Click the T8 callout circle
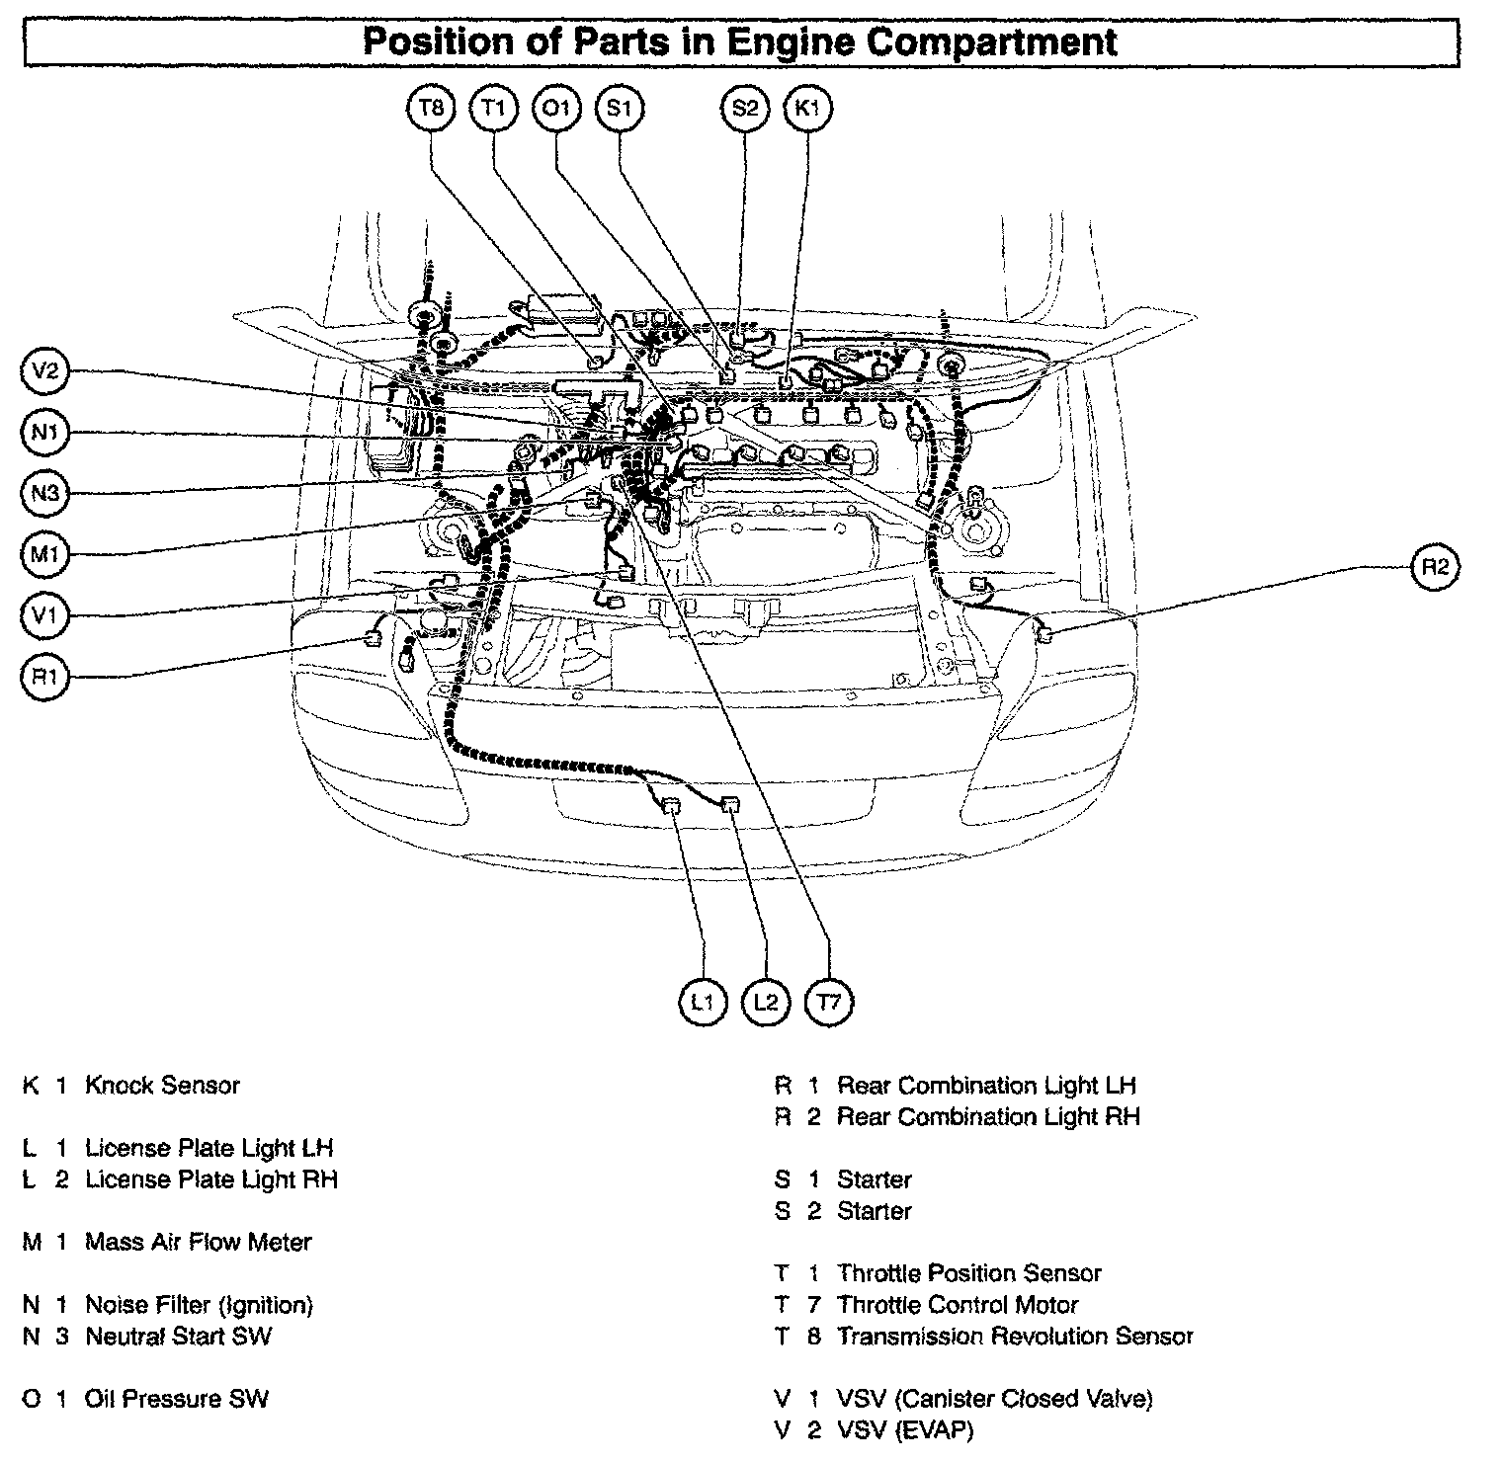(x=431, y=108)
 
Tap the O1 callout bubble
(x=556, y=108)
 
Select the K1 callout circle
(x=807, y=108)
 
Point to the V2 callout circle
(x=45, y=371)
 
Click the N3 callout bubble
(x=45, y=493)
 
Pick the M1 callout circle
(x=45, y=555)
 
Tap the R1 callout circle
(x=45, y=677)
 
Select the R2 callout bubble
(x=1435, y=567)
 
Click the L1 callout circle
(x=703, y=1003)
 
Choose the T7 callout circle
(x=828, y=1003)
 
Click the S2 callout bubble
(x=744, y=108)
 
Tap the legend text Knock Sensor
(x=162, y=1086)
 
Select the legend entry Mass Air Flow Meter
(x=198, y=1242)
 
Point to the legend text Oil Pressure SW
(x=176, y=1399)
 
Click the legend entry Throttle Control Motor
(x=958, y=1305)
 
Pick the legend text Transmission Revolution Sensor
(x=1015, y=1337)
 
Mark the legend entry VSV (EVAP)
(x=904, y=1430)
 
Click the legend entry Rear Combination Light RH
(x=988, y=1117)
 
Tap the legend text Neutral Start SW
(x=178, y=1337)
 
